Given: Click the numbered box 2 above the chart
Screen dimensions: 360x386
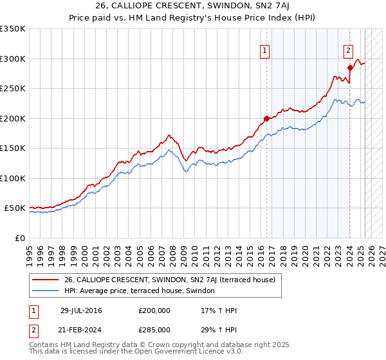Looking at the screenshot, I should point(348,51).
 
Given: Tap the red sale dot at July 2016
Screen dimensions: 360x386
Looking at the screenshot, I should point(266,118).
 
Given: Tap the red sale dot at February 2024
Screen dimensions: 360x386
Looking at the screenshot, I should point(350,67).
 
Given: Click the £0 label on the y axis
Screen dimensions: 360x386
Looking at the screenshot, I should point(19,238).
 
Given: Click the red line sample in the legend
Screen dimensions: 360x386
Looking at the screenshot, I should point(46,280).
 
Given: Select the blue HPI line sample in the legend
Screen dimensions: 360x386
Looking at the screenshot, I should point(46,291).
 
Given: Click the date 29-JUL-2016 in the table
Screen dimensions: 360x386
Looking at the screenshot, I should point(81,310).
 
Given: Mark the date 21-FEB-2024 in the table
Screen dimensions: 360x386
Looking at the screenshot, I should point(81,330).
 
